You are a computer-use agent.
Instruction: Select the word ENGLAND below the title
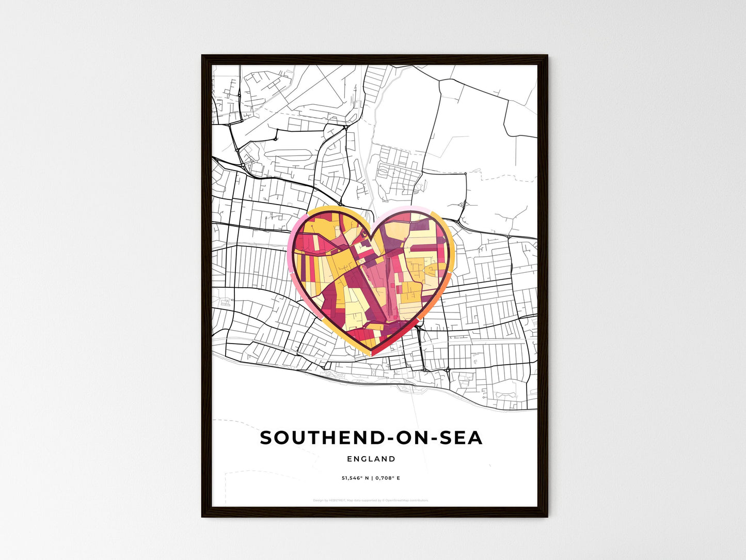click(371, 459)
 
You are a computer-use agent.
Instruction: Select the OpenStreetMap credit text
click(406, 500)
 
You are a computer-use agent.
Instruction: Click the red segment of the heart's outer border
click(382, 350)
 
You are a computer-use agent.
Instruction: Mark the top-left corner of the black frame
click(202, 56)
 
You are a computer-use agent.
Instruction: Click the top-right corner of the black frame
click(547, 56)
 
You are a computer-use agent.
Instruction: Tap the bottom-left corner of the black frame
click(202, 516)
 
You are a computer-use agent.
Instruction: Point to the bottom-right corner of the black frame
click(547, 516)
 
